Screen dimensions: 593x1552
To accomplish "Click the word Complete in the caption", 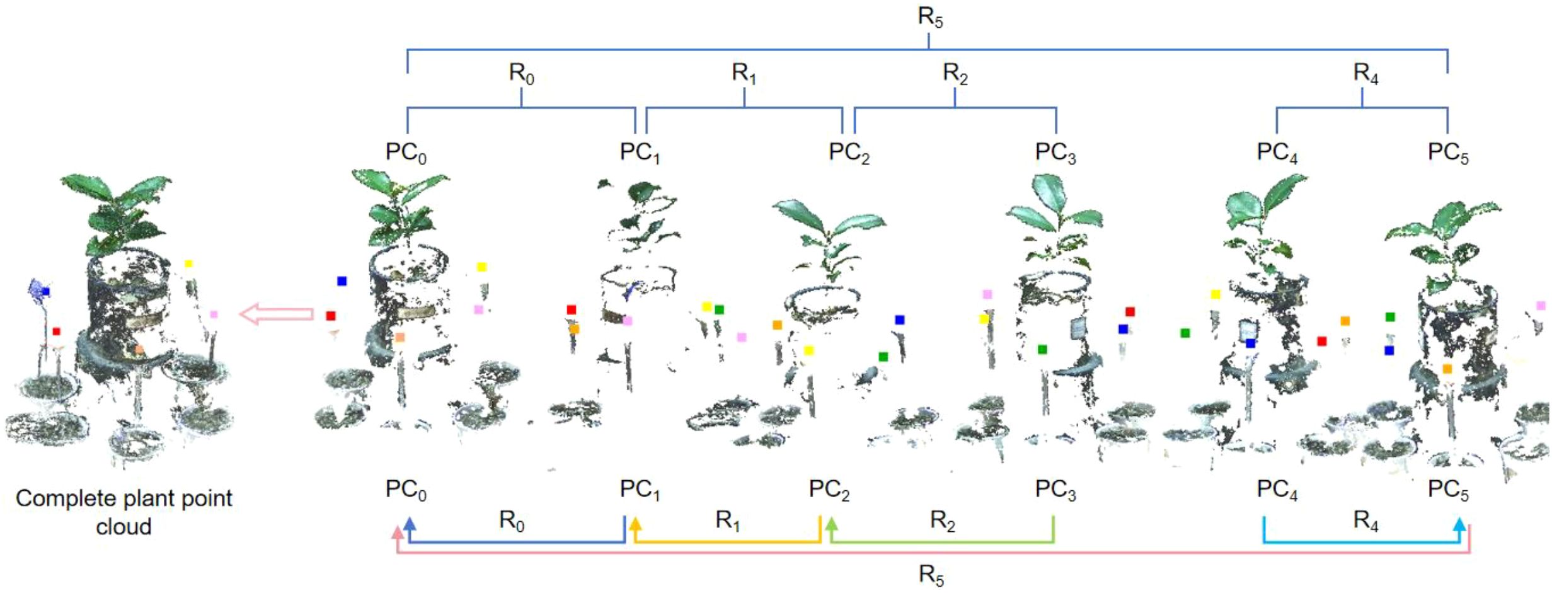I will coord(54,498).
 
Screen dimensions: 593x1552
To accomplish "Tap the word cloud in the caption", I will coord(124,526).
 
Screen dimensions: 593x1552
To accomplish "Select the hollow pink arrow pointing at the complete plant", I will coord(277,313).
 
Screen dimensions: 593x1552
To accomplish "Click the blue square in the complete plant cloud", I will coord(45,292).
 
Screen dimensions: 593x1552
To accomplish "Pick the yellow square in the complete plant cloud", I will coord(188,264).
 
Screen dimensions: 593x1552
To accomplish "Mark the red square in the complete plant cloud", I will coord(56,331).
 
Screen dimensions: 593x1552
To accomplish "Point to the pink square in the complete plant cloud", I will coord(214,314).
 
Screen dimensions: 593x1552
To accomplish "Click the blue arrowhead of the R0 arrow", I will coord(410,524).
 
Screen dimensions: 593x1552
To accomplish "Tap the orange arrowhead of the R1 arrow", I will coord(635,524).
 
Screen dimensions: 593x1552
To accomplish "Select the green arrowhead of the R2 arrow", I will coord(832,524).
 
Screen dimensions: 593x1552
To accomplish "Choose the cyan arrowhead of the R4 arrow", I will coord(1459,524).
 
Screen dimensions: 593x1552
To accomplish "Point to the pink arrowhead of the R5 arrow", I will coord(397,533).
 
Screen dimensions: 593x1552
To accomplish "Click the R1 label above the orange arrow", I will coord(727,521).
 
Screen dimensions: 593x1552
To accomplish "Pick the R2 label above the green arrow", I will coord(943,521).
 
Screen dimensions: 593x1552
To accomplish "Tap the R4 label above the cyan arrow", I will coord(1365,521).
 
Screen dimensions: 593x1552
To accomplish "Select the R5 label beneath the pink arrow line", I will coord(931,575).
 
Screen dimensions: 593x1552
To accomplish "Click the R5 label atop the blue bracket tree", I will coord(930,17).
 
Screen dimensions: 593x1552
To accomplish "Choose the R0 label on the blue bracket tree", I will coord(521,74).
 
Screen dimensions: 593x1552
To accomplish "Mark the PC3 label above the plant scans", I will coord(1055,153).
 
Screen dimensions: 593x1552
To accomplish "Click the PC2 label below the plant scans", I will coord(829,490).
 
